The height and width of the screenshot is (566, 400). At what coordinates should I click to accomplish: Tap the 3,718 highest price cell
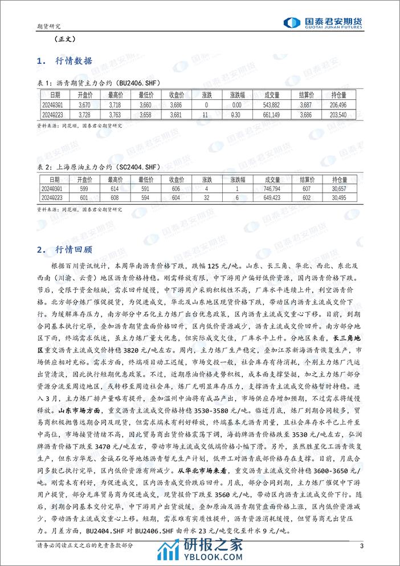(115, 105)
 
